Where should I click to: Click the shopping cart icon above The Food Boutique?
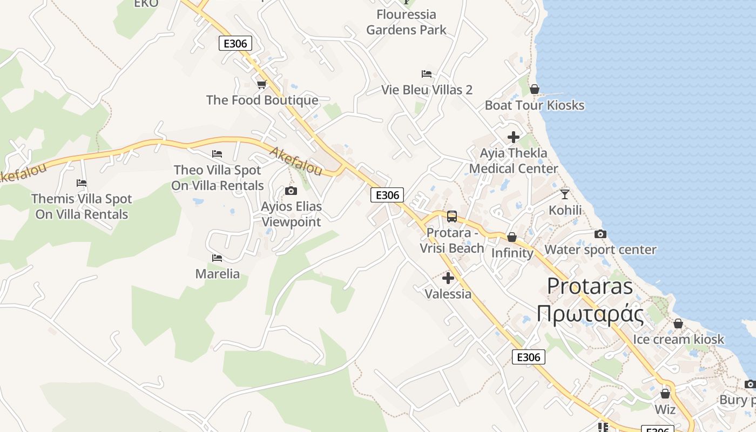262,84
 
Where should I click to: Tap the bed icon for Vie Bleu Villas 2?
427,74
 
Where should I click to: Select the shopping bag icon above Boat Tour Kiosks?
535,89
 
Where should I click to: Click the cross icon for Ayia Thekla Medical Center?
514,137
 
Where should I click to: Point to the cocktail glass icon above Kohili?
565,194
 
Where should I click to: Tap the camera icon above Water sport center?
600,234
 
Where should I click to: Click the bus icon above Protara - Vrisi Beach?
452,217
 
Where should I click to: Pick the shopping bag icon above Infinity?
512,237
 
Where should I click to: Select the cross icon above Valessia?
448,278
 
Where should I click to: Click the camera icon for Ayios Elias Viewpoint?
291,191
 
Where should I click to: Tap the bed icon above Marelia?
217,258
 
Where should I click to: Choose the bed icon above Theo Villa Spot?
217,154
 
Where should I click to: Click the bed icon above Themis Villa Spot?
82,183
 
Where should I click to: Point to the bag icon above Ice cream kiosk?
678,323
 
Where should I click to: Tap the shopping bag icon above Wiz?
665,394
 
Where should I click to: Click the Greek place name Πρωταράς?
590,314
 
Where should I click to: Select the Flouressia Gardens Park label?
406,22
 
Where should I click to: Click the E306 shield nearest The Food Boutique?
235,43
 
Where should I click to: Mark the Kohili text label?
565,210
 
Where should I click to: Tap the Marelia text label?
217,274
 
